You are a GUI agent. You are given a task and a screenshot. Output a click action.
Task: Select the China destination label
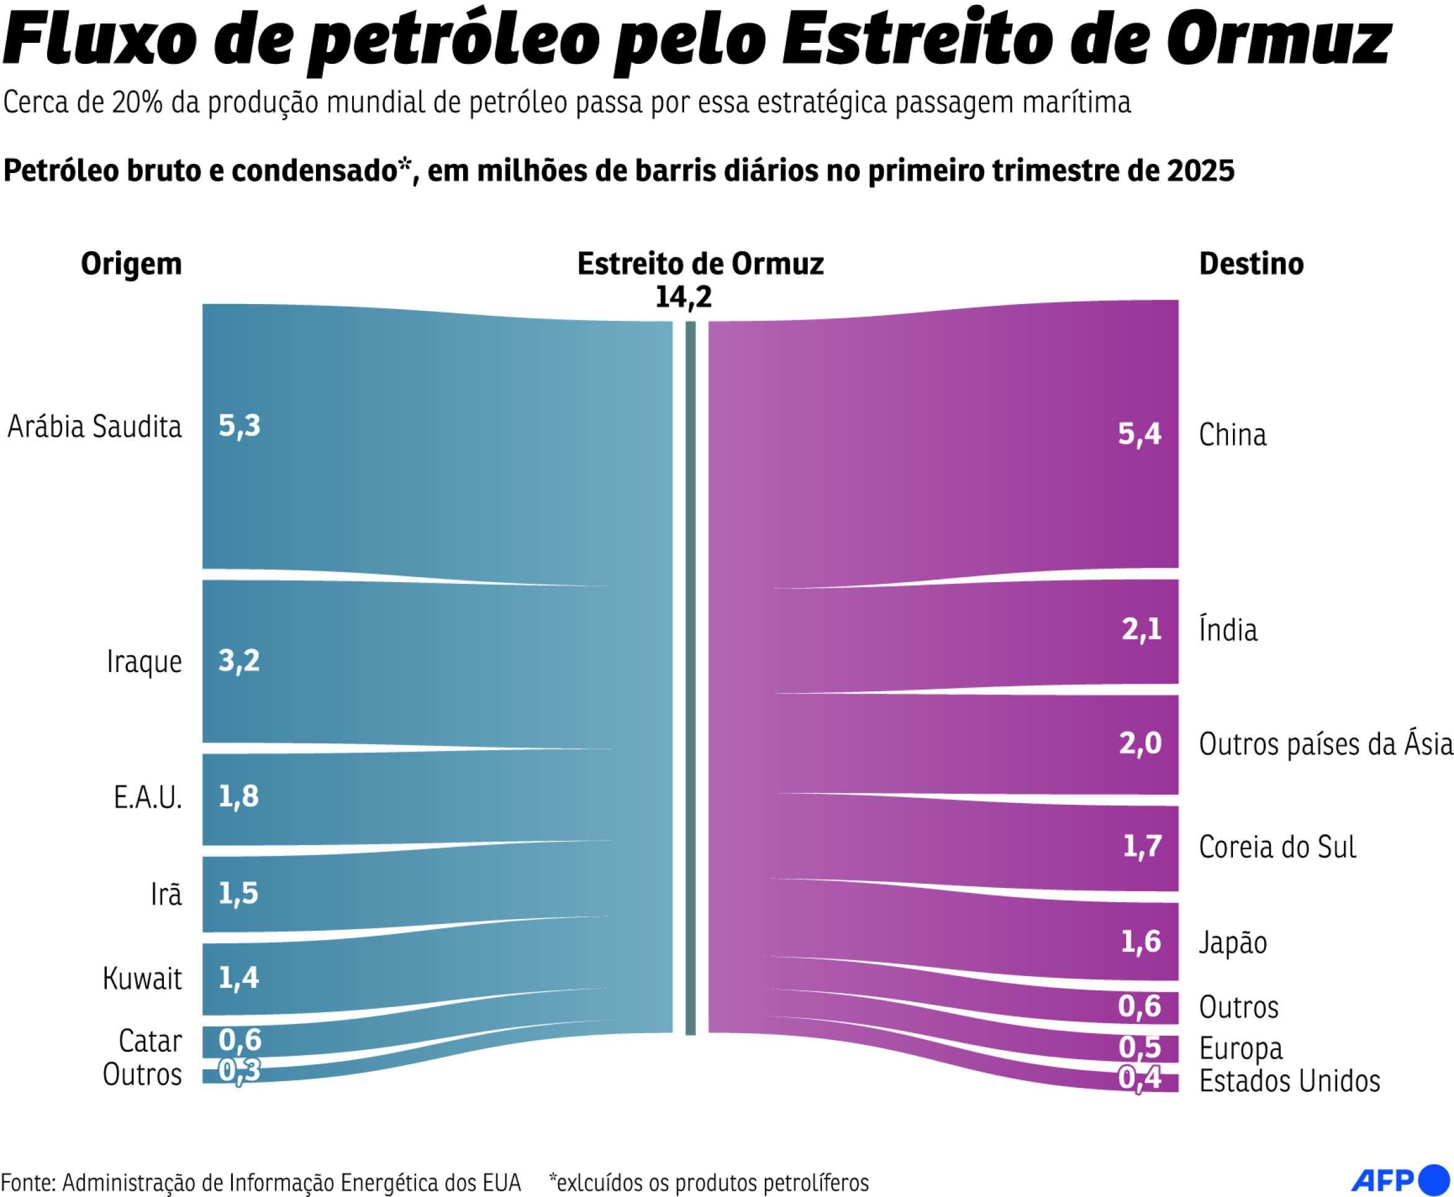(x=1232, y=435)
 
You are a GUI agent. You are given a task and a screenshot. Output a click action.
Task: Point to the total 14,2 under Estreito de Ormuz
(x=683, y=297)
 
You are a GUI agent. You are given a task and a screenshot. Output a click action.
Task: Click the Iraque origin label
(x=144, y=661)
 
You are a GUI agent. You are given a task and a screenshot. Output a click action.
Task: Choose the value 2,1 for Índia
(x=1141, y=629)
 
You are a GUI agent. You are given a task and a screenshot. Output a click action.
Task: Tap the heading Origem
(x=131, y=264)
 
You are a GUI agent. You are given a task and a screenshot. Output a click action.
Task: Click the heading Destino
(x=1250, y=264)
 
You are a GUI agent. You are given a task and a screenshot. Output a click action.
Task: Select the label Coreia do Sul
(x=1276, y=847)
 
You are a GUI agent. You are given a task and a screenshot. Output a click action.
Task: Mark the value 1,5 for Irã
(x=238, y=894)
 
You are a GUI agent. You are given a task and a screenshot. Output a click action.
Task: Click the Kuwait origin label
(x=142, y=978)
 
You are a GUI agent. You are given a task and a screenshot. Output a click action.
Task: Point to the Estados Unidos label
(x=1289, y=1080)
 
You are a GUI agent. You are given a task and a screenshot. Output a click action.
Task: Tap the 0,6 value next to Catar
(x=240, y=1039)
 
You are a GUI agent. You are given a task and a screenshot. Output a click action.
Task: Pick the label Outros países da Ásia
(x=1325, y=744)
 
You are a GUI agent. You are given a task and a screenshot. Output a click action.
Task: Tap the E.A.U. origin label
(x=148, y=797)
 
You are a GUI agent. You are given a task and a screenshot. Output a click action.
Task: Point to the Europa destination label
(x=1240, y=1048)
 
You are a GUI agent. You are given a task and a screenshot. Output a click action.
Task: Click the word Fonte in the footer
(x=27, y=1182)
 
